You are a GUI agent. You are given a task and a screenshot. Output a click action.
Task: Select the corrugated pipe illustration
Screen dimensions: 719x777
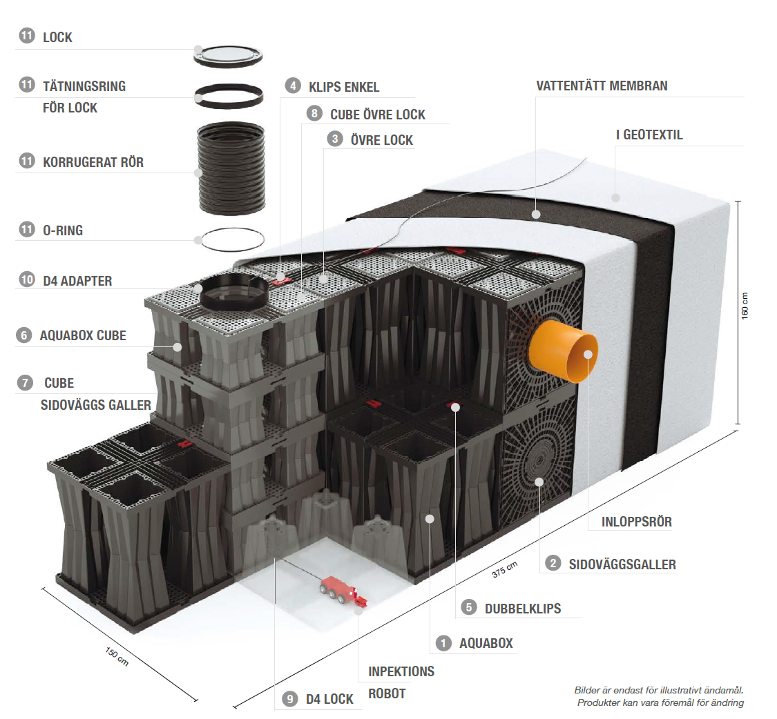coord(231,168)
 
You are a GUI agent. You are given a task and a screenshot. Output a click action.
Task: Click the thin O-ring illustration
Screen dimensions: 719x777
coord(231,239)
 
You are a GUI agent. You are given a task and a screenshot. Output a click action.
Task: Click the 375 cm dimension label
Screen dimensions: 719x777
coord(504,569)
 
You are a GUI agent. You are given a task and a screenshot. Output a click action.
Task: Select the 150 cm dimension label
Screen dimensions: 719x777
coord(117,657)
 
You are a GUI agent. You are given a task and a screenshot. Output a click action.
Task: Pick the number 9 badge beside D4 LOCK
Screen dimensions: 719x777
coord(289,699)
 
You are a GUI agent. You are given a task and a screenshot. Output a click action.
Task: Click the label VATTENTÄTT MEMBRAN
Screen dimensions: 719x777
coord(602,86)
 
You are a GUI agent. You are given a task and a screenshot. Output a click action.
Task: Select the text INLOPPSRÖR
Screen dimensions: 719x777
coord(635,522)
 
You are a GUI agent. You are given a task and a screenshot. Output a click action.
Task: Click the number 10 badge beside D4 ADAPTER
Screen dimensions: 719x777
coord(26,281)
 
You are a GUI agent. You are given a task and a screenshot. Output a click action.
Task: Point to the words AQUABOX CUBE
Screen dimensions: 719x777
coord(83,336)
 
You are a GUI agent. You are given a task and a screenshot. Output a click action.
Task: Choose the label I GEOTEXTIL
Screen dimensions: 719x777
coord(649,135)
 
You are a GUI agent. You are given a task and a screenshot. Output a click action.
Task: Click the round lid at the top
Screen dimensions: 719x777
coord(229,55)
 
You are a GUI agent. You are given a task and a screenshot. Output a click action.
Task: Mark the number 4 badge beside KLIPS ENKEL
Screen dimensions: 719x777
coord(293,86)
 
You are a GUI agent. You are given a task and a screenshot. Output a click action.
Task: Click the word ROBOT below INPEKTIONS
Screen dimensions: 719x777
coord(387,693)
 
